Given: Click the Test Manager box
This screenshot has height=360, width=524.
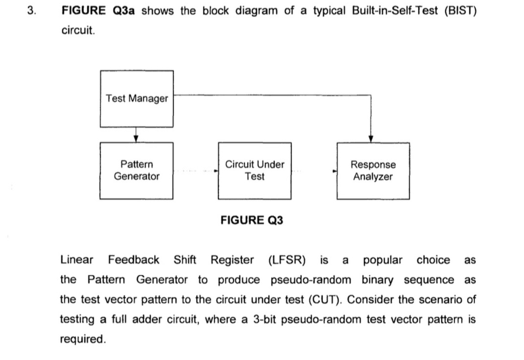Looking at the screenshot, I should click(137, 98).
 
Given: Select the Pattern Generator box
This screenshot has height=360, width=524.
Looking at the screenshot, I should click(137, 170).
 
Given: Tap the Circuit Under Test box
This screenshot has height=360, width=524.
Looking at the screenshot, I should click(255, 170).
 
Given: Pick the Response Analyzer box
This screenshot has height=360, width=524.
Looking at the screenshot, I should click(373, 170).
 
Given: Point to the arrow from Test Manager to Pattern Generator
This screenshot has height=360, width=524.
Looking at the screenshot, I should click(136, 135).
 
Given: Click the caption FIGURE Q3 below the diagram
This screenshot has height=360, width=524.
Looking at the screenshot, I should click(252, 220).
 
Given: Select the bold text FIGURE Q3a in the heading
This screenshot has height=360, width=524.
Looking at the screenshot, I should click(99, 11).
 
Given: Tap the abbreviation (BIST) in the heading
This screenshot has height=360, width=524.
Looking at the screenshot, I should click(460, 11).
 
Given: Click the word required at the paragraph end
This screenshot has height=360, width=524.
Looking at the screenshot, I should click(82, 339).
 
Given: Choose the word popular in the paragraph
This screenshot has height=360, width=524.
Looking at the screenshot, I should click(382, 260).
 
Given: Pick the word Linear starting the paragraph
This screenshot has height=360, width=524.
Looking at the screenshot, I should click(76, 260).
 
